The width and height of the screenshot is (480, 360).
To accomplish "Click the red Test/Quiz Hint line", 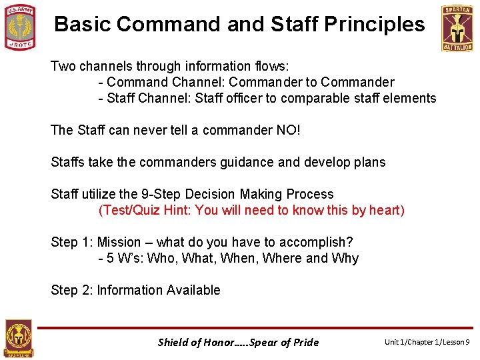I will (x=251, y=211).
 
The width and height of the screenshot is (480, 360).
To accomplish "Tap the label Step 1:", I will (x=72, y=242).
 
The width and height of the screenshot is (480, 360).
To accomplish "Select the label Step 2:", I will (x=72, y=290).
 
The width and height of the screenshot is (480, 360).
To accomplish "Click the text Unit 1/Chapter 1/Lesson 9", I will (x=427, y=342).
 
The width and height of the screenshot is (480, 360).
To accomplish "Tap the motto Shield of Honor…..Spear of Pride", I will (x=238, y=342).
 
